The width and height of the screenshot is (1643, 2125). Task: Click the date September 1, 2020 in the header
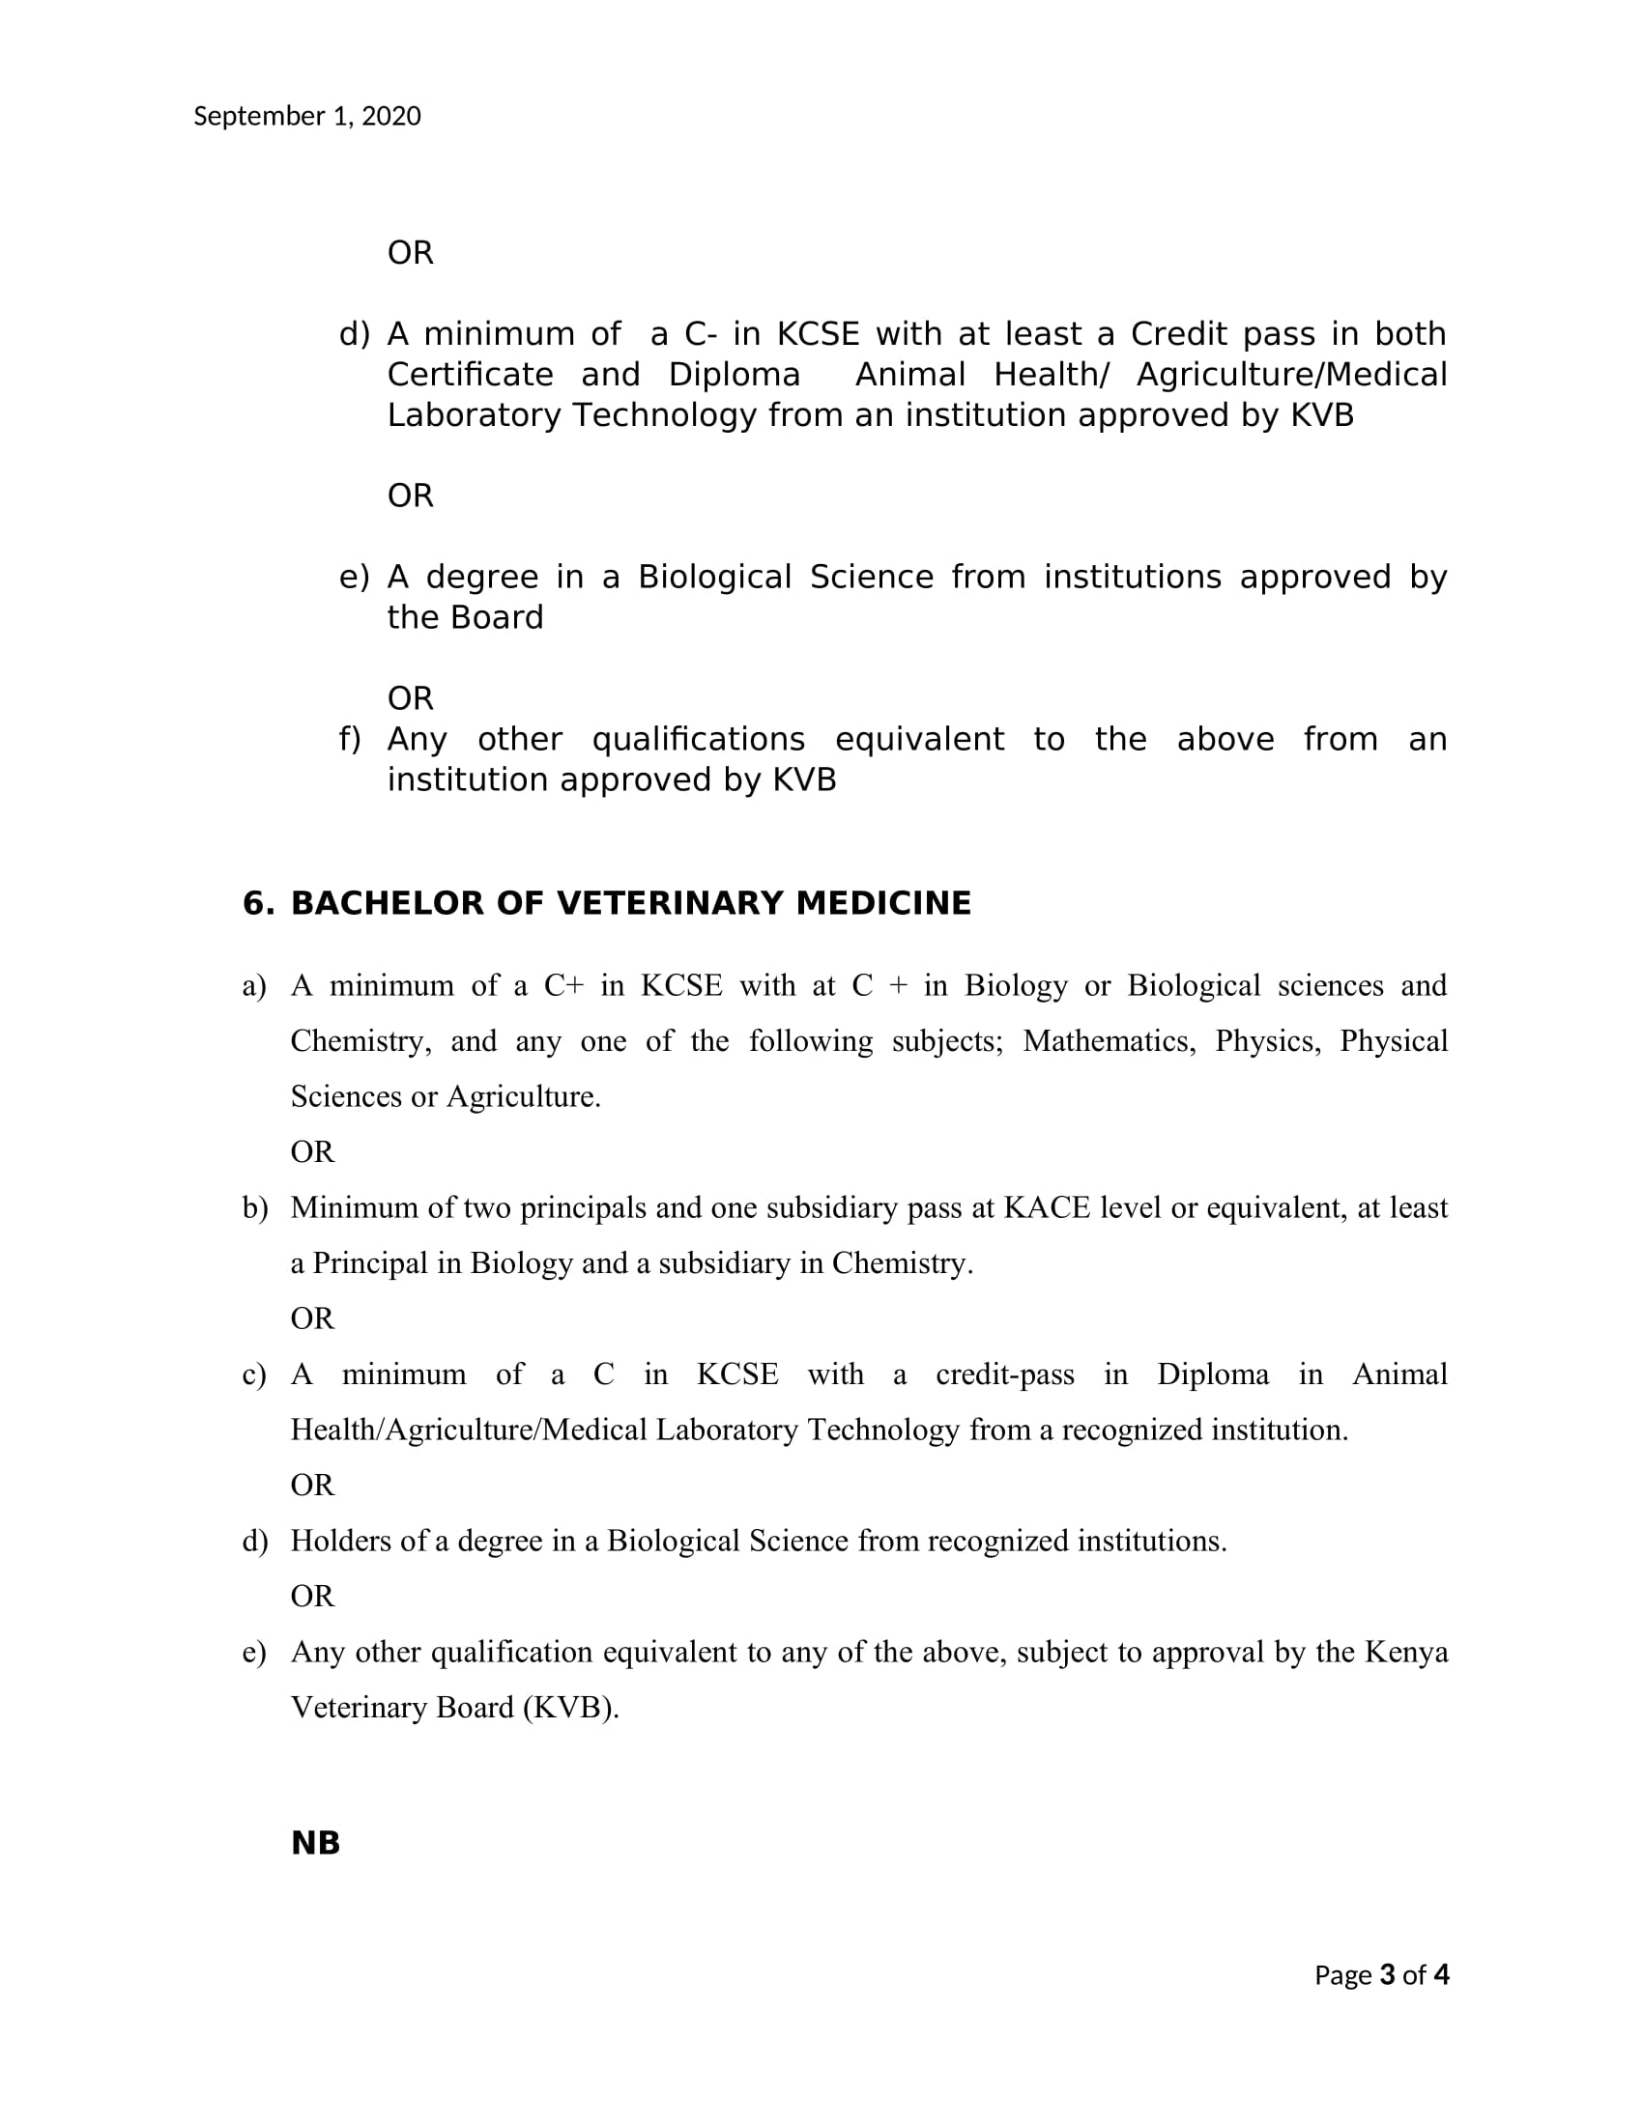point(306,117)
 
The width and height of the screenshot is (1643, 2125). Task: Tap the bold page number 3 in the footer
point(1387,1974)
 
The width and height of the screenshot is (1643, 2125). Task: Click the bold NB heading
point(315,1843)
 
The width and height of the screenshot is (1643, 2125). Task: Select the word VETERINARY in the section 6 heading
point(671,903)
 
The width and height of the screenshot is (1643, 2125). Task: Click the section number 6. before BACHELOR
point(258,903)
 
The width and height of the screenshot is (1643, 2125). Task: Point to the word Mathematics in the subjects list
point(1109,1041)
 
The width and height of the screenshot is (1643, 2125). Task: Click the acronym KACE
point(1047,1207)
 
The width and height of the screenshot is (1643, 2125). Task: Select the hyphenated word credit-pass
point(1004,1374)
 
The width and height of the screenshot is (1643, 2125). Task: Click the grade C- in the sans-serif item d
point(701,334)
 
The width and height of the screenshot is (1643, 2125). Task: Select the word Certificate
point(470,375)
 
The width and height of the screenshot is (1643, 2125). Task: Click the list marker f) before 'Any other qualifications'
point(350,740)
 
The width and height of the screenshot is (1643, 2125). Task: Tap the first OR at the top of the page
point(410,253)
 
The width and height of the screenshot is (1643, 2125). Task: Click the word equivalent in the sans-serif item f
point(919,740)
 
